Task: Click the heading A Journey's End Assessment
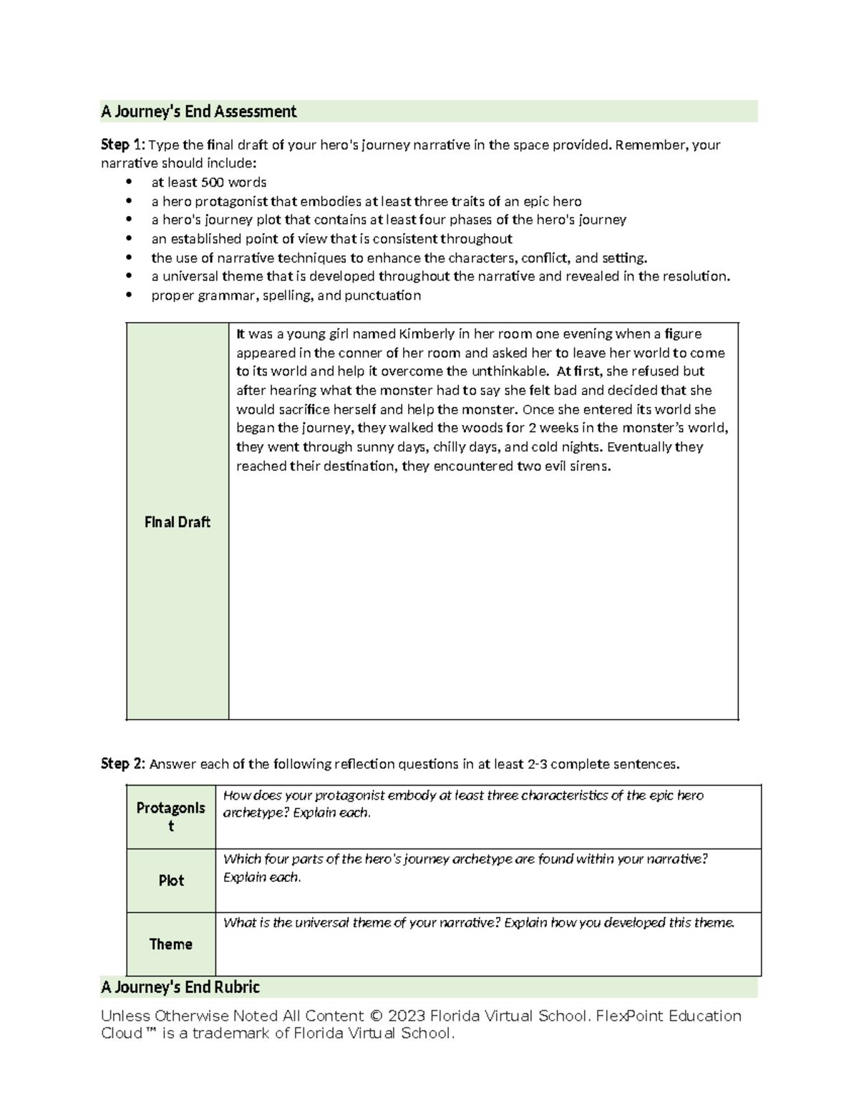pos(198,112)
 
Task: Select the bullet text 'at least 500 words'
pos(208,182)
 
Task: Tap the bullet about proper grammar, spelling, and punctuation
pos(286,295)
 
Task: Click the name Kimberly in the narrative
pos(426,334)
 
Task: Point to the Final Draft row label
pos(177,522)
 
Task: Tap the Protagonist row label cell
pos(171,816)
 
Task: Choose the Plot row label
pos(171,881)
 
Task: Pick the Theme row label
pos(171,944)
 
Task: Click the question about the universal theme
pos(478,923)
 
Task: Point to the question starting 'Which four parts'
pos(465,868)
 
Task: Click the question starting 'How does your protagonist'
pos(463,804)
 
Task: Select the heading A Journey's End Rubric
pos(180,987)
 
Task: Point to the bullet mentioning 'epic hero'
pos(366,202)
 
